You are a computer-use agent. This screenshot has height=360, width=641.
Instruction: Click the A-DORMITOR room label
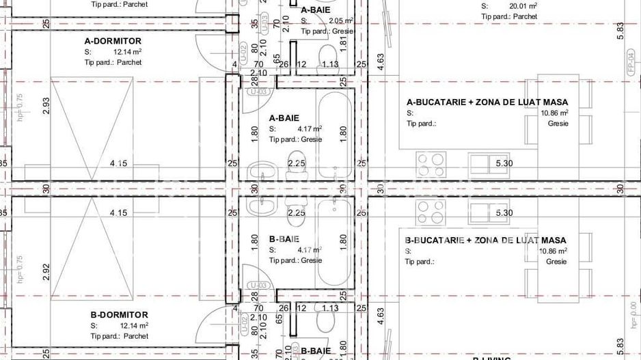pyautogui.click(x=113, y=41)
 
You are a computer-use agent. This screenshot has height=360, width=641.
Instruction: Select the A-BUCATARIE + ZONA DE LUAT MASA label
pyautogui.click(x=487, y=102)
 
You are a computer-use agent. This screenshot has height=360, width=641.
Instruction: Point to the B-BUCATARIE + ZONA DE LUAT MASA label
pyautogui.click(x=486, y=240)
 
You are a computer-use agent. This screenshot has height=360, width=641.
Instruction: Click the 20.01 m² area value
pyautogui.click(x=523, y=6)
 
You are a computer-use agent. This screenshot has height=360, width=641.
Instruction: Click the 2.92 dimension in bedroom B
pyautogui.click(x=46, y=271)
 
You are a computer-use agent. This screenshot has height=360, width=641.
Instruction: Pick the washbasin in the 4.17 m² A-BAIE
pyautogui.click(x=260, y=170)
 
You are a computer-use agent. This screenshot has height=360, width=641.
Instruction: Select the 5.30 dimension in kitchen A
pyautogui.click(x=504, y=163)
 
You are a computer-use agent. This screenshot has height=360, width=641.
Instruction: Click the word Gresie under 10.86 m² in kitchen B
pyautogui.click(x=556, y=262)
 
